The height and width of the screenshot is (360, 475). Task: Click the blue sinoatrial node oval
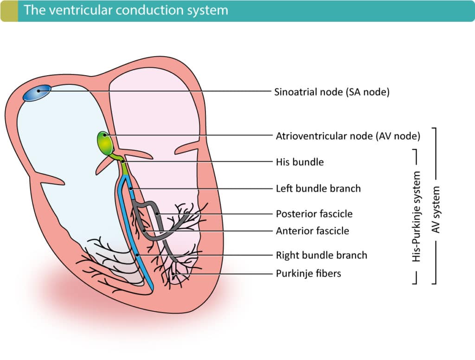[37, 92]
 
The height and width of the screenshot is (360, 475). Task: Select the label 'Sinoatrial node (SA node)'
[332, 92]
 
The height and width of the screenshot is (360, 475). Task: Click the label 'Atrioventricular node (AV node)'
[348, 136]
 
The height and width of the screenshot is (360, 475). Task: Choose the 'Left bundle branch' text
[318, 188]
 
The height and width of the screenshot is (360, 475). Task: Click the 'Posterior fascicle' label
[314, 214]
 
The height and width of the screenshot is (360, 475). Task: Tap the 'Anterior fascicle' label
[312, 231]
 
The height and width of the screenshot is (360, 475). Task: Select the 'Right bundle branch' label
[321, 255]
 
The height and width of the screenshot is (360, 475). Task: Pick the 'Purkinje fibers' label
[308, 273]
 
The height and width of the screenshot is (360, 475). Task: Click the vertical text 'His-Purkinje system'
[417, 216]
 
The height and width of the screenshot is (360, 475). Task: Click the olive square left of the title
[9, 11]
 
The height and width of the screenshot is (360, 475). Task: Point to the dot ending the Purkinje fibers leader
[173, 274]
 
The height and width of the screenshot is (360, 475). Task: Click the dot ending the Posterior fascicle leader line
[158, 214]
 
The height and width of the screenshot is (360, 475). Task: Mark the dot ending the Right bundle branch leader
[138, 255]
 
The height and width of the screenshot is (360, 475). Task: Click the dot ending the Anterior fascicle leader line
[144, 231]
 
